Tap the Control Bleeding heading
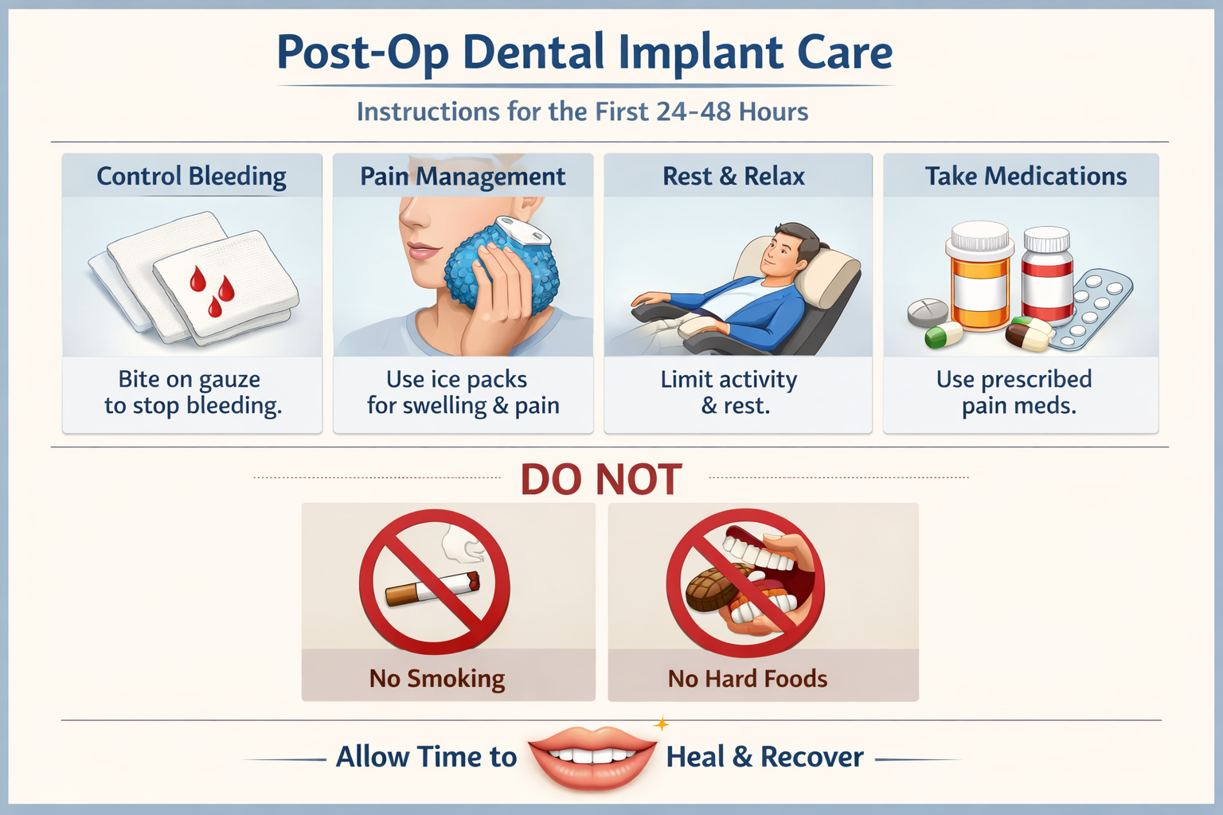coord(191,176)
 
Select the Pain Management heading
coord(463,176)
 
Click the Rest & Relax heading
coord(733,176)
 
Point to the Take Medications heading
coord(1026,176)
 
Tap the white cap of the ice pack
coord(522,231)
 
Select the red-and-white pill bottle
coord(1047,275)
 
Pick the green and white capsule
coord(944,335)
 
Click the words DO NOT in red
coord(601,480)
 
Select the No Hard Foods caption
coord(748,679)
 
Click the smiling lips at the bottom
coord(592,756)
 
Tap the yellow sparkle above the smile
coord(660,724)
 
